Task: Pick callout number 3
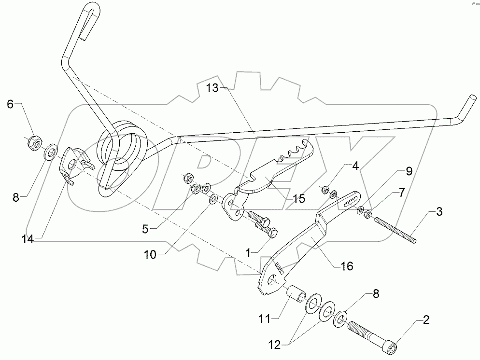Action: coord(438,211)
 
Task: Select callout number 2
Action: coord(426,319)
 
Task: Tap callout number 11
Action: coord(265,319)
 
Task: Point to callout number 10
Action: coord(150,254)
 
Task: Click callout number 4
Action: coord(355,167)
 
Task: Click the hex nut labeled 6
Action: coord(32,141)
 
